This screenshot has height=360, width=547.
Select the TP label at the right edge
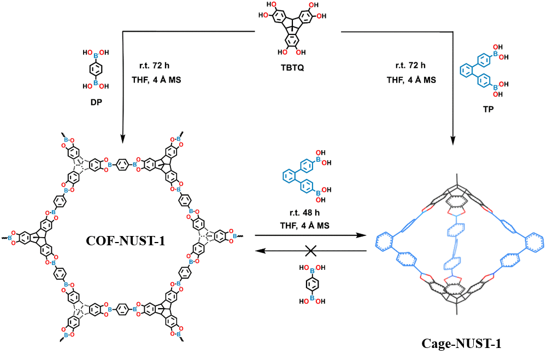[491, 109]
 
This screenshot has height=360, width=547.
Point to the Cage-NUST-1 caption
[461, 344]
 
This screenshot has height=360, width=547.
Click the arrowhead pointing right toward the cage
[361, 236]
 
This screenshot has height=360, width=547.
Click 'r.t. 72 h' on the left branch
[149, 66]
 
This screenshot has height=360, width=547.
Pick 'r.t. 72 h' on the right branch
[410, 66]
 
